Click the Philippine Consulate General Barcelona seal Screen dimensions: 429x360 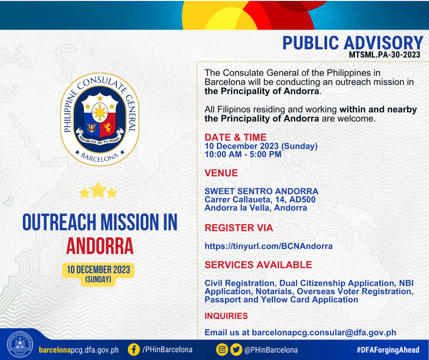99,119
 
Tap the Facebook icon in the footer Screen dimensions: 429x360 134,349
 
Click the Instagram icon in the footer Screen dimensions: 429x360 222,349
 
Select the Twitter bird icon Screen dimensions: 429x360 236,349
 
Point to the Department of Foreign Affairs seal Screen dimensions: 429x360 20,344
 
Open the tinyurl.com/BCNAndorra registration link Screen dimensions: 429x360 268,246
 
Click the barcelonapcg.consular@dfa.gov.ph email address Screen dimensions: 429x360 324,332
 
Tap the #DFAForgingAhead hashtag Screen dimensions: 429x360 387,349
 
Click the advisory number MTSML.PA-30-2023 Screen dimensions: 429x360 384,54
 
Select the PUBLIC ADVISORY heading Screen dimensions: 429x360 353,43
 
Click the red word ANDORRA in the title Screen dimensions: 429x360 99,246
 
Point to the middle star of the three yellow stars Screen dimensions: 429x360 98,190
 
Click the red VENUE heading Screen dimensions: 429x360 221,173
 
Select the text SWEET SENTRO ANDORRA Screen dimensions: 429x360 262,191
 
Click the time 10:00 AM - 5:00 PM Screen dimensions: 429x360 243,154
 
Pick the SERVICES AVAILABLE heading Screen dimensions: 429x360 258,265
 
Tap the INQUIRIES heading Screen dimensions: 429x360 226,316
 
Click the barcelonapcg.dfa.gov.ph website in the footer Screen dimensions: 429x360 79,350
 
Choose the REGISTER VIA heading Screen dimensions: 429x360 239,228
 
